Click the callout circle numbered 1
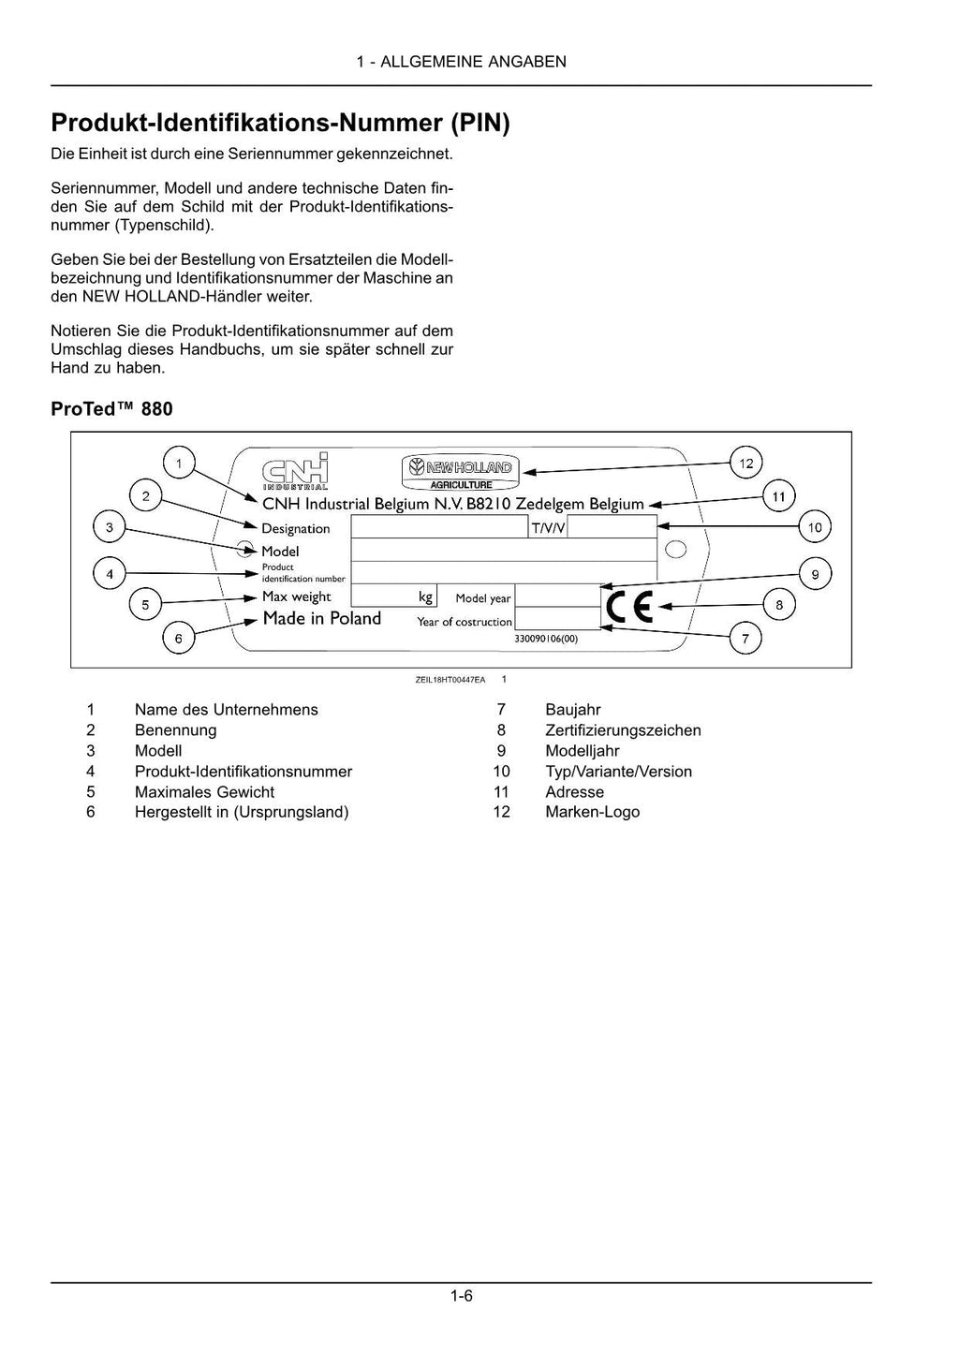pyautogui.click(x=179, y=462)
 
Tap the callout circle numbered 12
pyautogui.click(x=746, y=463)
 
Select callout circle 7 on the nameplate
pyautogui.click(x=745, y=640)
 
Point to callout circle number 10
pyautogui.click(x=815, y=527)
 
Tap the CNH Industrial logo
pyautogui.click(x=296, y=471)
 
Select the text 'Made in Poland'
pyautogui.click(x=321, y=618)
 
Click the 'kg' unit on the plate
pyautogui.click(x=426, y=596)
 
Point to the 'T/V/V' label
pyautogui.click(x=549, y=528)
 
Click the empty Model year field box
pyautogui.click(x=556, y=596)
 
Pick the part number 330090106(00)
pyautogui.click(x=546, y=638)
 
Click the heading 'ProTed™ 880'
pyautogui.click(x=111, y=409)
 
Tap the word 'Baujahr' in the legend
pyautogui.click(x=573, y=710)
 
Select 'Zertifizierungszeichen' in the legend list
pyautogui.click(x=623, y=730)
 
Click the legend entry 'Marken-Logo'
pyautogui.click(x=592, y=812)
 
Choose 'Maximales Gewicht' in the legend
pyautogui.click(x=204, y=792)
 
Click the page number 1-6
pyautogui.click(x=461, y=1297)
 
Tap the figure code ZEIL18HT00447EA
pyautogui.click(x=450, y=680)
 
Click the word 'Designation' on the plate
pyautogui.click(x=296, y=529)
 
